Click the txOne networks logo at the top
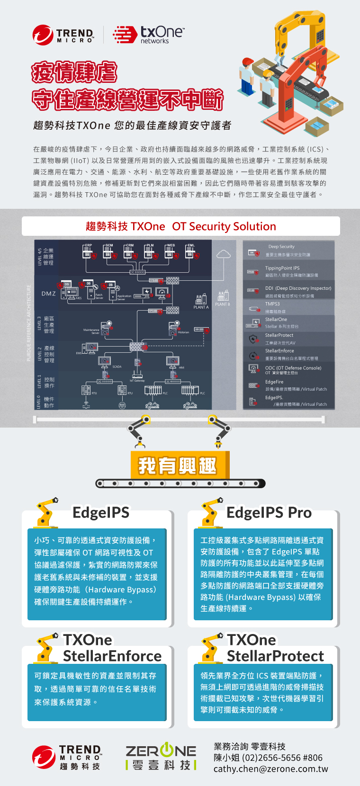(x=149, y=35)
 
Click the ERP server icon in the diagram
(x=88, y=252)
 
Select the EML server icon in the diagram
(x=190, y=252)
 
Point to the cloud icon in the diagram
(x=223, y=254)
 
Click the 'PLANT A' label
(x=201, y=307)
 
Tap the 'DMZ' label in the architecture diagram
(x=48, y=294)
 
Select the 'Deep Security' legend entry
(x=281, y=247)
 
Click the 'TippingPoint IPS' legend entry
(x=282, y=268)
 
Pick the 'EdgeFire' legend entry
(x=274, y=382)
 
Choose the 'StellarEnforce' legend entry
(x=279, y=351)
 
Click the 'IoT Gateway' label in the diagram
(x=137, y=380)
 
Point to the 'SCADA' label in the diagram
(x=117, y=366)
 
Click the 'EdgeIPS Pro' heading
(x=269, y=512)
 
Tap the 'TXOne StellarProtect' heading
(x=275, y=648)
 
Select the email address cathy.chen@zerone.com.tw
(x=270, y=769)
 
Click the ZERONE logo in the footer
(x=161, y=756)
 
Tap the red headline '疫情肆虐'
(x=74, y=72)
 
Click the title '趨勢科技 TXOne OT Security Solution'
(x=180, y=226)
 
